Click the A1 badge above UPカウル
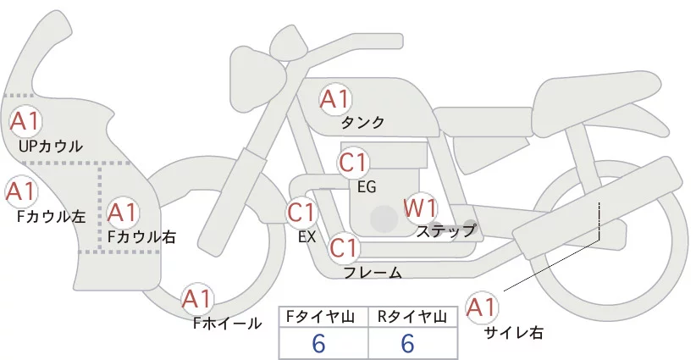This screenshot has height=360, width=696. [x=25, y=120]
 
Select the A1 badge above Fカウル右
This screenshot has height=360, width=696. [x=122, y=212]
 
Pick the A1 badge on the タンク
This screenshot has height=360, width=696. [x=334, y=99]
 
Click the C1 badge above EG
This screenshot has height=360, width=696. [x=353, y=162]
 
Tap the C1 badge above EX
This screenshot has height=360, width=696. [x=301, y=212]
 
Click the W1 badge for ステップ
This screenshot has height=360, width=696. [x=419, y=208]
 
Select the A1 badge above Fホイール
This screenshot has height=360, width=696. [x=197, y=299]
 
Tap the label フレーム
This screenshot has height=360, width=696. [x=373, y=273]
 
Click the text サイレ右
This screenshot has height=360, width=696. [x=513, y=333]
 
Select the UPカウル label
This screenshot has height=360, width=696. [x=50, y=147]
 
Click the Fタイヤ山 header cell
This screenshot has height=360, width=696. [x=324, y=317]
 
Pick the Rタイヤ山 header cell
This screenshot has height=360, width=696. [x=412, y=317]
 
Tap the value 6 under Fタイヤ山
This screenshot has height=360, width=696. [x=319, y=343]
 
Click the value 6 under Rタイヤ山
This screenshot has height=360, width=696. [x=407, y=343]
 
